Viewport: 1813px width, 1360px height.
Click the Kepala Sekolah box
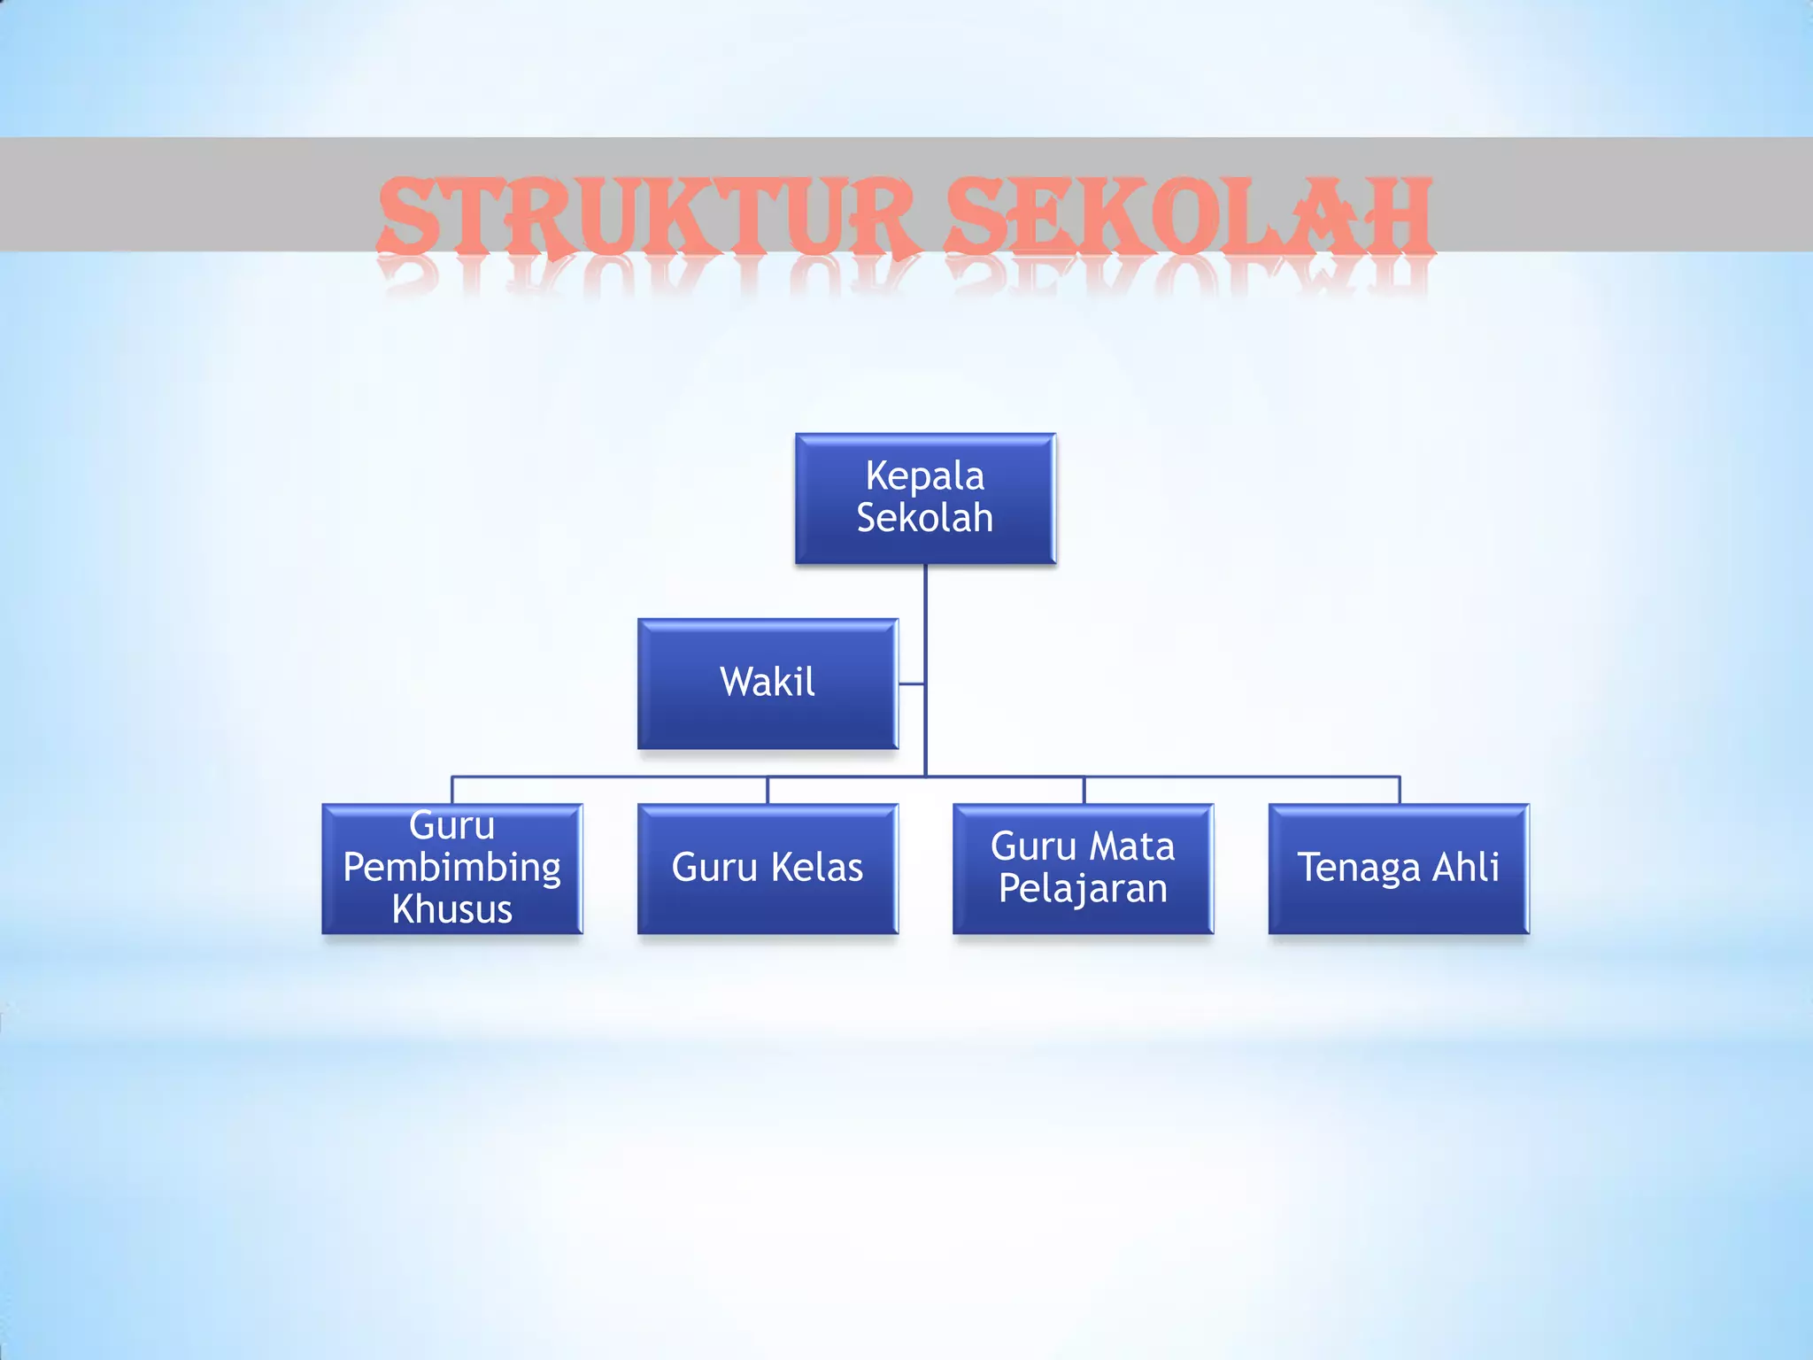[x=925, y=498]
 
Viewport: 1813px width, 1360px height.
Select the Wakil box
[x=768, y=683]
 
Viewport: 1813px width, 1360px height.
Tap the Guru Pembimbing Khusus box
[x=451, y=868]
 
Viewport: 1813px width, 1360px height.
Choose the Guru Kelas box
[x=768, y=868]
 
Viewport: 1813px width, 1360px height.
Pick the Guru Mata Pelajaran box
[x=1083, y=868]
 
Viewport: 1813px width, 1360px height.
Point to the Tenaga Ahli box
[x=1399, y=868]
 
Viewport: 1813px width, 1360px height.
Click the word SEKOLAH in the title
[x=1188, y=217]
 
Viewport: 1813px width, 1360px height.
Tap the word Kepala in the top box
[x=925, y=476]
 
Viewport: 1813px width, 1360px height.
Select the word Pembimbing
[x=451, y=868]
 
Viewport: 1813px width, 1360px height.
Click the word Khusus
[x=451, y=909]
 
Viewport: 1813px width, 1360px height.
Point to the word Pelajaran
[x=1083, y=889]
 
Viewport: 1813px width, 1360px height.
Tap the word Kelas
[x=816, y=868]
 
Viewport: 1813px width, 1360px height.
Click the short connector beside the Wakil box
[x=912, y=684]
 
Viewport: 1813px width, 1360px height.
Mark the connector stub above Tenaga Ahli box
[x=1400, y=790]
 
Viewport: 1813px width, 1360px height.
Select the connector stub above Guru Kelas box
[x=768, y=790]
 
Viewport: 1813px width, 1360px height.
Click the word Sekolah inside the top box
[x=925, y=518]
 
